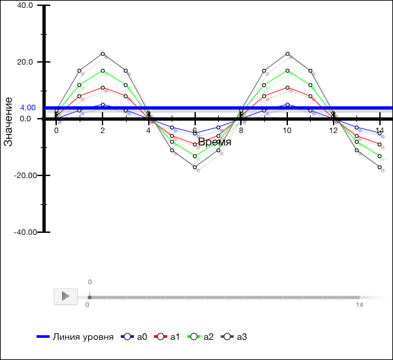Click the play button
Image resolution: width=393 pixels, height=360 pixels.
[65, 296]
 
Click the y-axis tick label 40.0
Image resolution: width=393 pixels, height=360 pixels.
[25, 5]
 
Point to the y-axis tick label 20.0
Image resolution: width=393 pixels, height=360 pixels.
[25, 62]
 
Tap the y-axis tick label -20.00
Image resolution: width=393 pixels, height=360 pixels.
[22, 175]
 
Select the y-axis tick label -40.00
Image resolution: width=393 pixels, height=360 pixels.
[22, 232]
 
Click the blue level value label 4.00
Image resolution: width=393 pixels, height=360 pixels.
[27, 108]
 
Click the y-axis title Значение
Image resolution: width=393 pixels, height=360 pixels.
[8, 121]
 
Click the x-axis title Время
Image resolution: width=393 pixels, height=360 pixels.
[214, 142]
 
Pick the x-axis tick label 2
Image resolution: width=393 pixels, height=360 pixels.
[102, 130]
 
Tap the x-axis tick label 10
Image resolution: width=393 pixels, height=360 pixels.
[287, 130]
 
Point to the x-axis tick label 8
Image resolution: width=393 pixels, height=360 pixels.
[241, 130]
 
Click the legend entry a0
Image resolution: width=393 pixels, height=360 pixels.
[135, 337]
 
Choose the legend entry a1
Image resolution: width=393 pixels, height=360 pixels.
[168, 337]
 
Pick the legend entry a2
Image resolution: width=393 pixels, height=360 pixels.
[201, 337]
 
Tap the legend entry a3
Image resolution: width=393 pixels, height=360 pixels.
[234, 337]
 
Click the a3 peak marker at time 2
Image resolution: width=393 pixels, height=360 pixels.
[102, 53]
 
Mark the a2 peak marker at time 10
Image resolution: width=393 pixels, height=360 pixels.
[287, 70]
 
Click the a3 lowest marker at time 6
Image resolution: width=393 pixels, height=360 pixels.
[195, 168]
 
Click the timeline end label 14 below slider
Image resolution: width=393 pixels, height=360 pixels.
[359, 305]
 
